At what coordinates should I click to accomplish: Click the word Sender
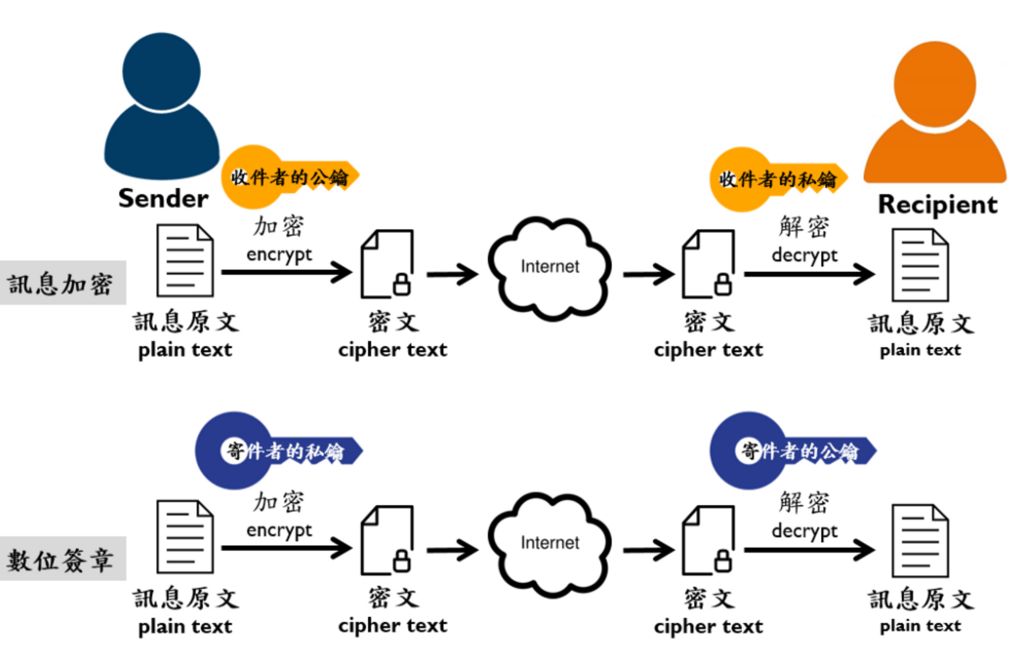click(163, 198)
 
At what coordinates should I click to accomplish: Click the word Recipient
click(937, 205)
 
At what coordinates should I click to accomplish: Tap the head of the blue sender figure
click(162, 71)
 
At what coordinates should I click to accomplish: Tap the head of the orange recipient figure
click(935, 84)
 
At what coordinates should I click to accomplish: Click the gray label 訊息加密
click(61, 283)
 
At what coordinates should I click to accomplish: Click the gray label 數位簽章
click(61, 559)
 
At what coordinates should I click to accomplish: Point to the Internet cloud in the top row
click(550, 268)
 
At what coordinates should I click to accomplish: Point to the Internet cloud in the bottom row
click(550, 543)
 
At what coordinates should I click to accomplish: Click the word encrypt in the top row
click(279, 255)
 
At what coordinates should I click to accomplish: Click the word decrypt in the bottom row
click(804, 531)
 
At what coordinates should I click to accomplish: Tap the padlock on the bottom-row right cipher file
click(723, 560)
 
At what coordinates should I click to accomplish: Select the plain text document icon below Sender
click(185, 260)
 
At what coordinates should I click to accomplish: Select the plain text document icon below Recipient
click(920, 265)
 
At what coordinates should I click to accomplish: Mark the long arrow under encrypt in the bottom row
click(286, 548)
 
